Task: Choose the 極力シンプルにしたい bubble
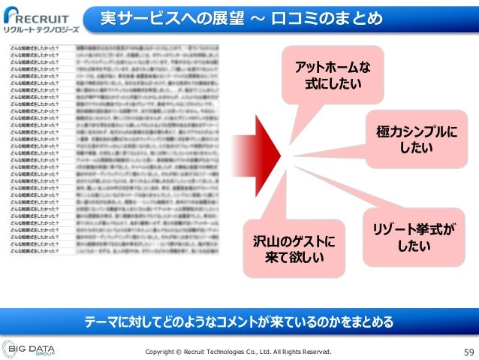coord(416,140)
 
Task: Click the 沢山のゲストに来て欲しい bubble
coord(294,249)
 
